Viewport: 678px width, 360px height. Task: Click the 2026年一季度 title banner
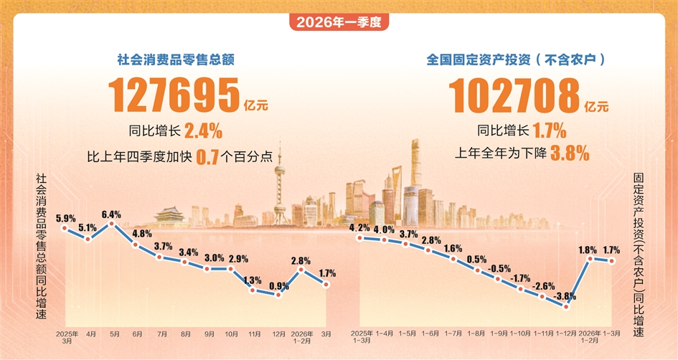tap(339, 22)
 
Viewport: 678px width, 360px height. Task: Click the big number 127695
tap(174, 94)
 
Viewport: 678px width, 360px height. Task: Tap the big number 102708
tap(514, 94)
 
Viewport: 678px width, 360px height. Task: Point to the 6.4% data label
tap(111, 214)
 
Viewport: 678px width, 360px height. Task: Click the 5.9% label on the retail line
tap(65, 217)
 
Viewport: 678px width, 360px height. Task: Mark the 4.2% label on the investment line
tap(359, 228)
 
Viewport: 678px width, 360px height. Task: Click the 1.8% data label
tap(588, 250)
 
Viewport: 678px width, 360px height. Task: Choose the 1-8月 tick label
tap(476, 334)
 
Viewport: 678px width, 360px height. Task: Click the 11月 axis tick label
tap(254, 334)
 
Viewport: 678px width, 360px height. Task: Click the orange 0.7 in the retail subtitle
tap(207, 155)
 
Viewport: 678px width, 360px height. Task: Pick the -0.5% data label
tap(499, 269)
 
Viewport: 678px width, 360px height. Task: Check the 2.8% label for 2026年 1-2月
tap(301, 260)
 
